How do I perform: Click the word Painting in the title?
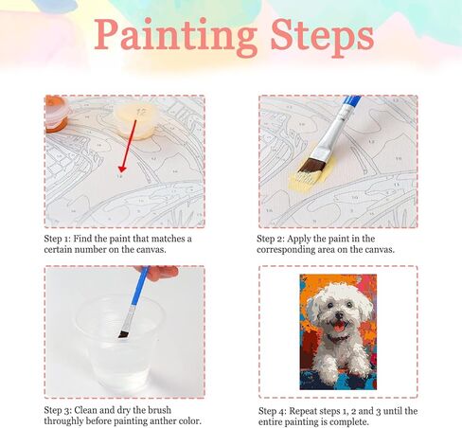[176, 37]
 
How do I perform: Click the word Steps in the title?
[323, 37]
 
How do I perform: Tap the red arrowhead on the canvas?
[122, 169]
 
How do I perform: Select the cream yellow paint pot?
[136, 120]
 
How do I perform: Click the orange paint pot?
[56, 114]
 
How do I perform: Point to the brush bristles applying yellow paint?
[311, 167]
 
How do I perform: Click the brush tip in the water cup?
[123, 334]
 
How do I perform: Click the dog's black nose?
[339, 314]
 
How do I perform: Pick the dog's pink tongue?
[339, 327]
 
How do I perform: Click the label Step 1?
[58, 239]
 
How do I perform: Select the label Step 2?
[271, 239]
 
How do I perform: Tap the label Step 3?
[58, 410]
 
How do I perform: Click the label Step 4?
[273, 411]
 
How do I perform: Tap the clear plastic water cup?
[120, 343]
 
